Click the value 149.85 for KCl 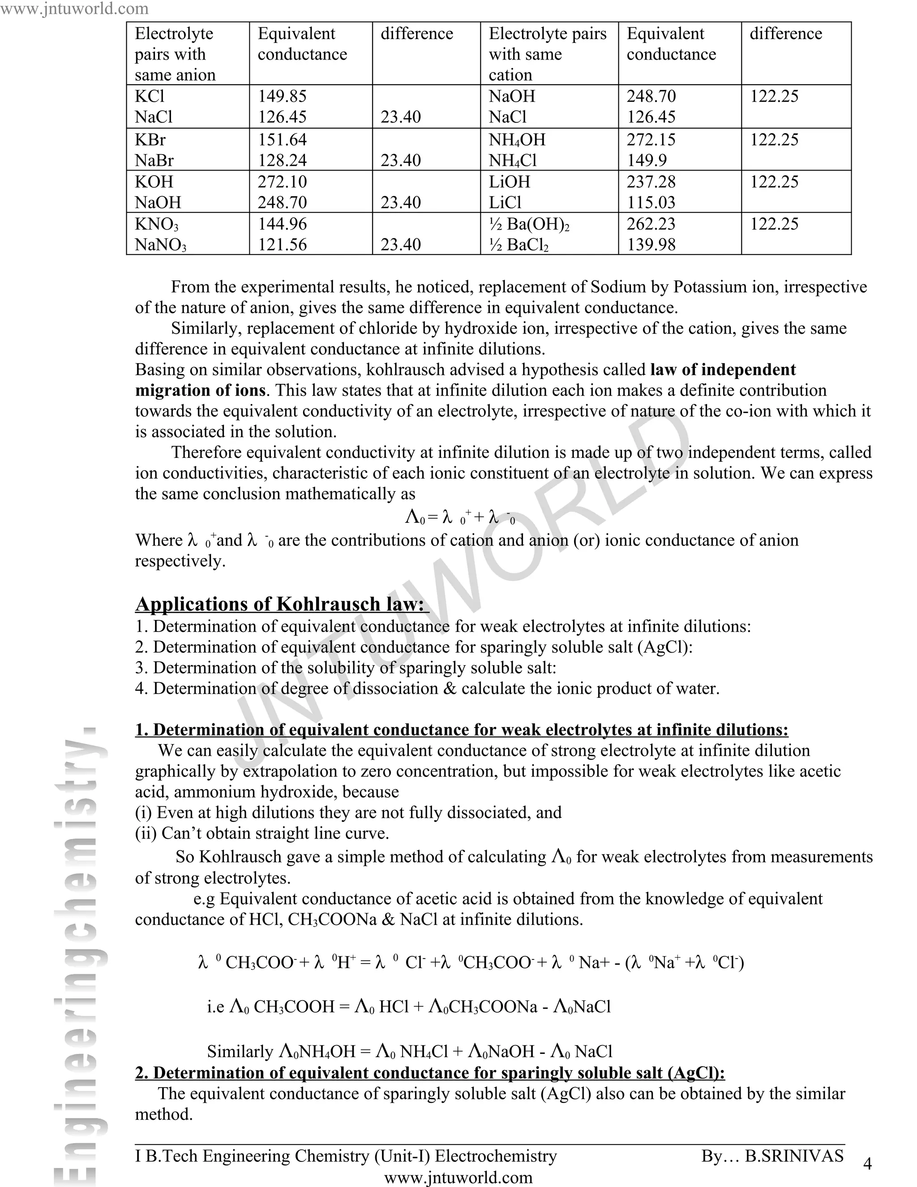click(x=282, y=96)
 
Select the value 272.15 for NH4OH click(x=651, y=140)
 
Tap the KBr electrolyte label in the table click(x=150, y=140)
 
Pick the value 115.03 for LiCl click(x=651, y=202)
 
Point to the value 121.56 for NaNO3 click(x=282, y=245)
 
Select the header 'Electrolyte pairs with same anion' click(x=175, y=54)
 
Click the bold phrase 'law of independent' click(x=723, y=370)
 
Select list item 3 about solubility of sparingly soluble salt click(x=346, y=667)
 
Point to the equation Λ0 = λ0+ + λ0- click(x=459, y=517)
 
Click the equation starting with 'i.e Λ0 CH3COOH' click(x=408, y=1006)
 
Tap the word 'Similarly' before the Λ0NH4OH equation click(x=240, y=1051)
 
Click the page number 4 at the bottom click(x=867, y=1163)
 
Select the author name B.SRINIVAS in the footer click(x=794, y=1156)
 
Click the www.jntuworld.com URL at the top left click(x=74, y=8)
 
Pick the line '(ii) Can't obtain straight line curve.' click(x=262, y=833)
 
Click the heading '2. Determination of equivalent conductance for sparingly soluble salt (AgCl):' click(x=430, y=1073)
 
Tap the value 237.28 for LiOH click(x=651, y=181)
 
